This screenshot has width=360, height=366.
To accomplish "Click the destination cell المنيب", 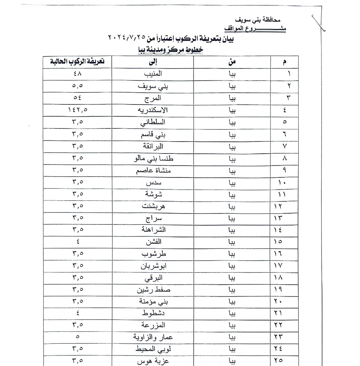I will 153,74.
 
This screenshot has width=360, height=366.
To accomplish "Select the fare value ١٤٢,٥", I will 78,110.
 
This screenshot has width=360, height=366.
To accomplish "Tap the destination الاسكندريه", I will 152,110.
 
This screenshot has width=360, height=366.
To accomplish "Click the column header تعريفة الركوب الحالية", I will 77,62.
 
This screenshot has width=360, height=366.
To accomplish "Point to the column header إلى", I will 153,62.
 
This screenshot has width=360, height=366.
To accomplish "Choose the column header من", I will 232,62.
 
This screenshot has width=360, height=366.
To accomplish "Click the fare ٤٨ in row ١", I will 78,74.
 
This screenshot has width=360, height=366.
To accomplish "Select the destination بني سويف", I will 153,86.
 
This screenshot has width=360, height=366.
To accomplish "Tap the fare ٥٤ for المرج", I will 78,98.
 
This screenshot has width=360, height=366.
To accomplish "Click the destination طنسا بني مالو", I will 154,158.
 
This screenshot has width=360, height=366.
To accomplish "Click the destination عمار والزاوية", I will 153,337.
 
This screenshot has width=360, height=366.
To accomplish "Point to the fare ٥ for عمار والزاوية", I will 78,337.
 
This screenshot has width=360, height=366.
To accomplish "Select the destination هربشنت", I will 153,206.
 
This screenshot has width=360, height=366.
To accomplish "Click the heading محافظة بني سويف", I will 258,20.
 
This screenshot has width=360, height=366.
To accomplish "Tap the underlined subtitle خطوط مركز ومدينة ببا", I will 171,50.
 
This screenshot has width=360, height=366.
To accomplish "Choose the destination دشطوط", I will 153,313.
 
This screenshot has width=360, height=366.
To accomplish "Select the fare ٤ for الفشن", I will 78,242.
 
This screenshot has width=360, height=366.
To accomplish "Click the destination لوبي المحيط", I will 153,349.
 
